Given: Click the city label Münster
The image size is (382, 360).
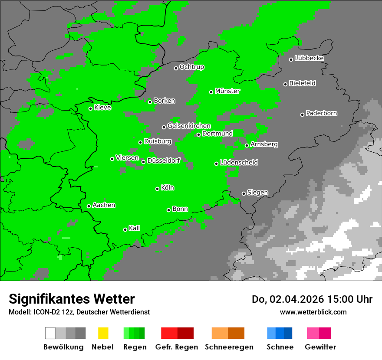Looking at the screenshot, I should click(x=227, y=91).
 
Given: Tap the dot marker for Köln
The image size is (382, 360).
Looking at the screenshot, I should click(x=158, y=189).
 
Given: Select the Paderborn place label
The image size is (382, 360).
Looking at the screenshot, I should click(x=322, y=113).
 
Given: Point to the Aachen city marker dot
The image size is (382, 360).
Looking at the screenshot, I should click(x=89, y=206).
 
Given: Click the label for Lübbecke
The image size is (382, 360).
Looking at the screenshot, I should click(x=310, y=58).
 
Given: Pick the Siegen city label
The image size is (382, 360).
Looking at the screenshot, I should click(x=258, y=193).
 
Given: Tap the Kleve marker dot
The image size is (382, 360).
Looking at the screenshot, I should click(x=91, y=108).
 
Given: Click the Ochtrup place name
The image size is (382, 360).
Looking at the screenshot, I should click(x=192, y=67).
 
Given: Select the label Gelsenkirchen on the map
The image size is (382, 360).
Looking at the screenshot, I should click(x=189, y=126).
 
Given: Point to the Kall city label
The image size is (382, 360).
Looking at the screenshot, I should click(x=135, y=228).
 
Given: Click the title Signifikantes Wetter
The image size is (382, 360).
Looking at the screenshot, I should click(x=72, y=299).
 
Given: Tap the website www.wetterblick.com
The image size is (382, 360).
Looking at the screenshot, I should click(x=313, y=312).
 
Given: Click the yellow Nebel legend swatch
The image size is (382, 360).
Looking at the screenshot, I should click(x=103, y=333).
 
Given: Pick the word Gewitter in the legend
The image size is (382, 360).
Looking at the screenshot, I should click(x=320, y=347).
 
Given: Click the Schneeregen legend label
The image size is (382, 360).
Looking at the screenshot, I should click(x=228, y=347).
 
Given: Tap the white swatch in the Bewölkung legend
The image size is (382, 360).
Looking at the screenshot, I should click(x=50, y=333).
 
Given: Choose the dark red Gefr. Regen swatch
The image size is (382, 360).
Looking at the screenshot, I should click(x=185, y=333).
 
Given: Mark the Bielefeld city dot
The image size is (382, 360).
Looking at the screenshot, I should click(x=286, y=84).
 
